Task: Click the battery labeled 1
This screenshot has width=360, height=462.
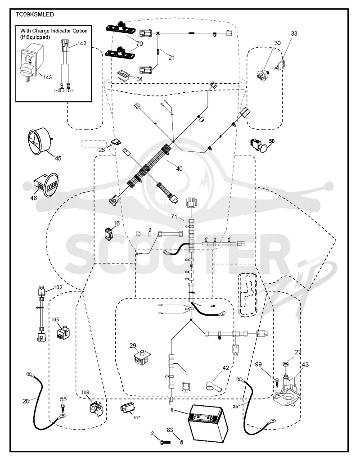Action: coord(208,423)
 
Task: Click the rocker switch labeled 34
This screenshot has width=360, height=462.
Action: coord(126,76)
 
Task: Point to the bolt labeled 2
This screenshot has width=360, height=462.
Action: coord(165,442)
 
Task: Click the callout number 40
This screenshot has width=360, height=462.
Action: coord(179,168)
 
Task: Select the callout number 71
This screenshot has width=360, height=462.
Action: coord(174,217)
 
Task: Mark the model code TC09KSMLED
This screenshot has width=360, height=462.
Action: coord(35,14)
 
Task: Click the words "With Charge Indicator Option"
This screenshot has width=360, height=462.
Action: coord(54,31)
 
